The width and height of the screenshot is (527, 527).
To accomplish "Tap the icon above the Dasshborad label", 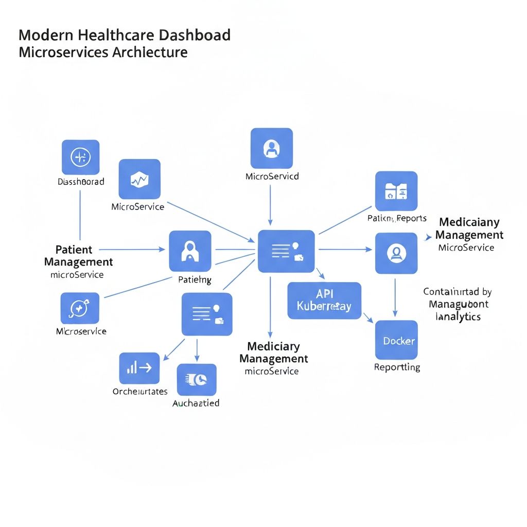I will click(80, 157).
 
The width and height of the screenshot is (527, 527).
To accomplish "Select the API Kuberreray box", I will click(324, 300).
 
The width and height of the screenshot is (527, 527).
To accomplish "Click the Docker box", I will click(396, 340).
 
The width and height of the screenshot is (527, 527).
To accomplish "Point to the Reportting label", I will click(397, 367).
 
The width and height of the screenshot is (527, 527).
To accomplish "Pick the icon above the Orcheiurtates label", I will click(139, 367).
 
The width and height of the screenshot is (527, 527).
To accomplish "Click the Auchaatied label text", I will click(196, 402).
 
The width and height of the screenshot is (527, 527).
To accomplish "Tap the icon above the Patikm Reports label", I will click(396, 191).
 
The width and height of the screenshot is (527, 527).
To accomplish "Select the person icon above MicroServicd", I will click(271, 149).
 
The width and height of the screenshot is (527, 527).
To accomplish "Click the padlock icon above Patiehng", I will click(190, 251).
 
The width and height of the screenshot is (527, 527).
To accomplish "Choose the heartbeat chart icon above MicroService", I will click(139, 179).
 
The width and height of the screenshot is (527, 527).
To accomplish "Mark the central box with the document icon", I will click(286, 251).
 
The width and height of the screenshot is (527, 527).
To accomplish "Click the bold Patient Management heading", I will click(78, 256).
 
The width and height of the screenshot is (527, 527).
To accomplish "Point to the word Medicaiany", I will click(469, 222).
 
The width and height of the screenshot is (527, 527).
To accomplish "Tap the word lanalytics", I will click(458, 317).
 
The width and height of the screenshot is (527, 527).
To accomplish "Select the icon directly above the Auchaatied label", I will click(197, 379).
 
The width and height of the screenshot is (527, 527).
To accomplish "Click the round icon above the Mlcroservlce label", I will click(80, 308).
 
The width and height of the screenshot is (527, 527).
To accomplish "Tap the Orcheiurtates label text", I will click(140, 391).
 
